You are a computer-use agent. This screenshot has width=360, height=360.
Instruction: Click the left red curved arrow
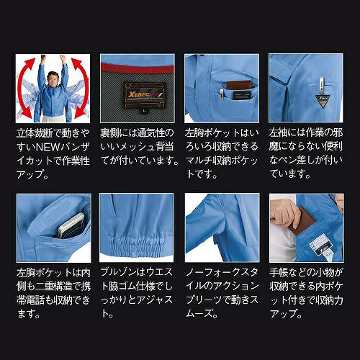tap(22, 89)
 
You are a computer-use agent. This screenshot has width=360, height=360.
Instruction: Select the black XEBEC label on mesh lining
tap(145, 94)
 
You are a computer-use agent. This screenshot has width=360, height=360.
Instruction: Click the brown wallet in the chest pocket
tap(239, 86)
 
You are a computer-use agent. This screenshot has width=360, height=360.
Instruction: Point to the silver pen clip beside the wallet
tap(222, 94)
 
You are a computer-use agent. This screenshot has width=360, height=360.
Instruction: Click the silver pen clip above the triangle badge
tap(322, 86)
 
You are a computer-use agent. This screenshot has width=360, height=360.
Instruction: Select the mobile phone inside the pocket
tap(71, 225)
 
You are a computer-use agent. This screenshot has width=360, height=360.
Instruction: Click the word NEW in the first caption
tap(47, 147)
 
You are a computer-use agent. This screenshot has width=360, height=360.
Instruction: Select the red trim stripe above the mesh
tap(138, 68)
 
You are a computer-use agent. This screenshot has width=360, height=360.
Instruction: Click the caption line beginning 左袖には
tap(306, 133)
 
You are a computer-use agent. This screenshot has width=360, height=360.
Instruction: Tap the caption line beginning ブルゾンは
tap(136, 272)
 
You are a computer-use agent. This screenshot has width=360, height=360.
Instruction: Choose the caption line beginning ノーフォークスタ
tap(222, 272)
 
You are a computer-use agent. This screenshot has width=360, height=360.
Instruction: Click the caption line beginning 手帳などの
tap(306, 272)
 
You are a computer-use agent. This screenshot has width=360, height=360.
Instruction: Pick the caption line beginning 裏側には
tap(137, 133)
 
